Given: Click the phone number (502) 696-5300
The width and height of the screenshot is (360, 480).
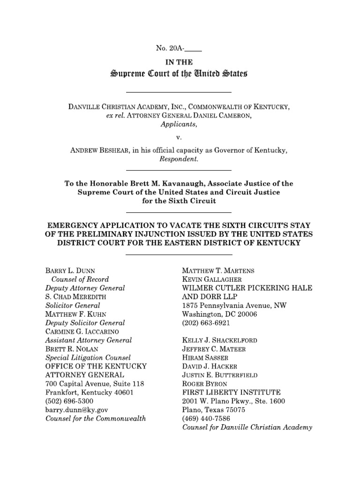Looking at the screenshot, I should pos(69,401).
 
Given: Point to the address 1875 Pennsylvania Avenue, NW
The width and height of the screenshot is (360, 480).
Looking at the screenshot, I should pos(234,305).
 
